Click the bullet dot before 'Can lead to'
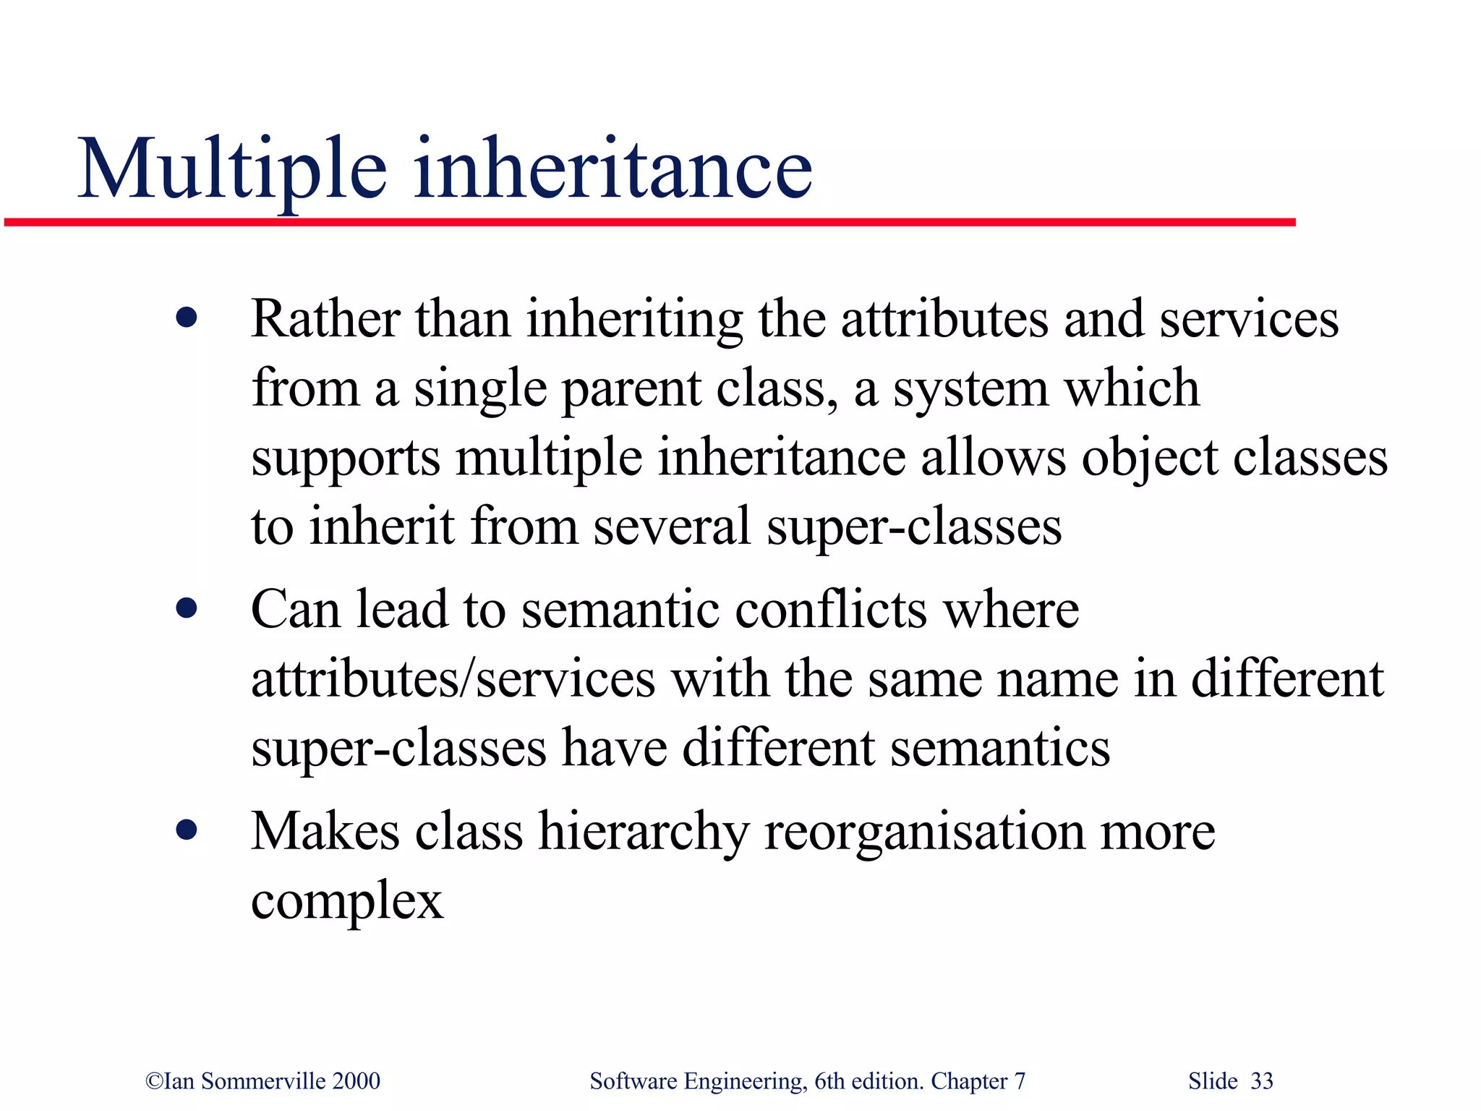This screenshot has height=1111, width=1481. coord(187,608)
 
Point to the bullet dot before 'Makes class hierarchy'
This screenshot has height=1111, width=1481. coord(187,830)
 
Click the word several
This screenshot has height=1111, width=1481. coord(672,527)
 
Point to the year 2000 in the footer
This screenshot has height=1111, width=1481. coord(356,1081)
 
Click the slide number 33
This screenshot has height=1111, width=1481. coord(1262,1081)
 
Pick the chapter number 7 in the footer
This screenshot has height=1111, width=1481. coord(1020,1081)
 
